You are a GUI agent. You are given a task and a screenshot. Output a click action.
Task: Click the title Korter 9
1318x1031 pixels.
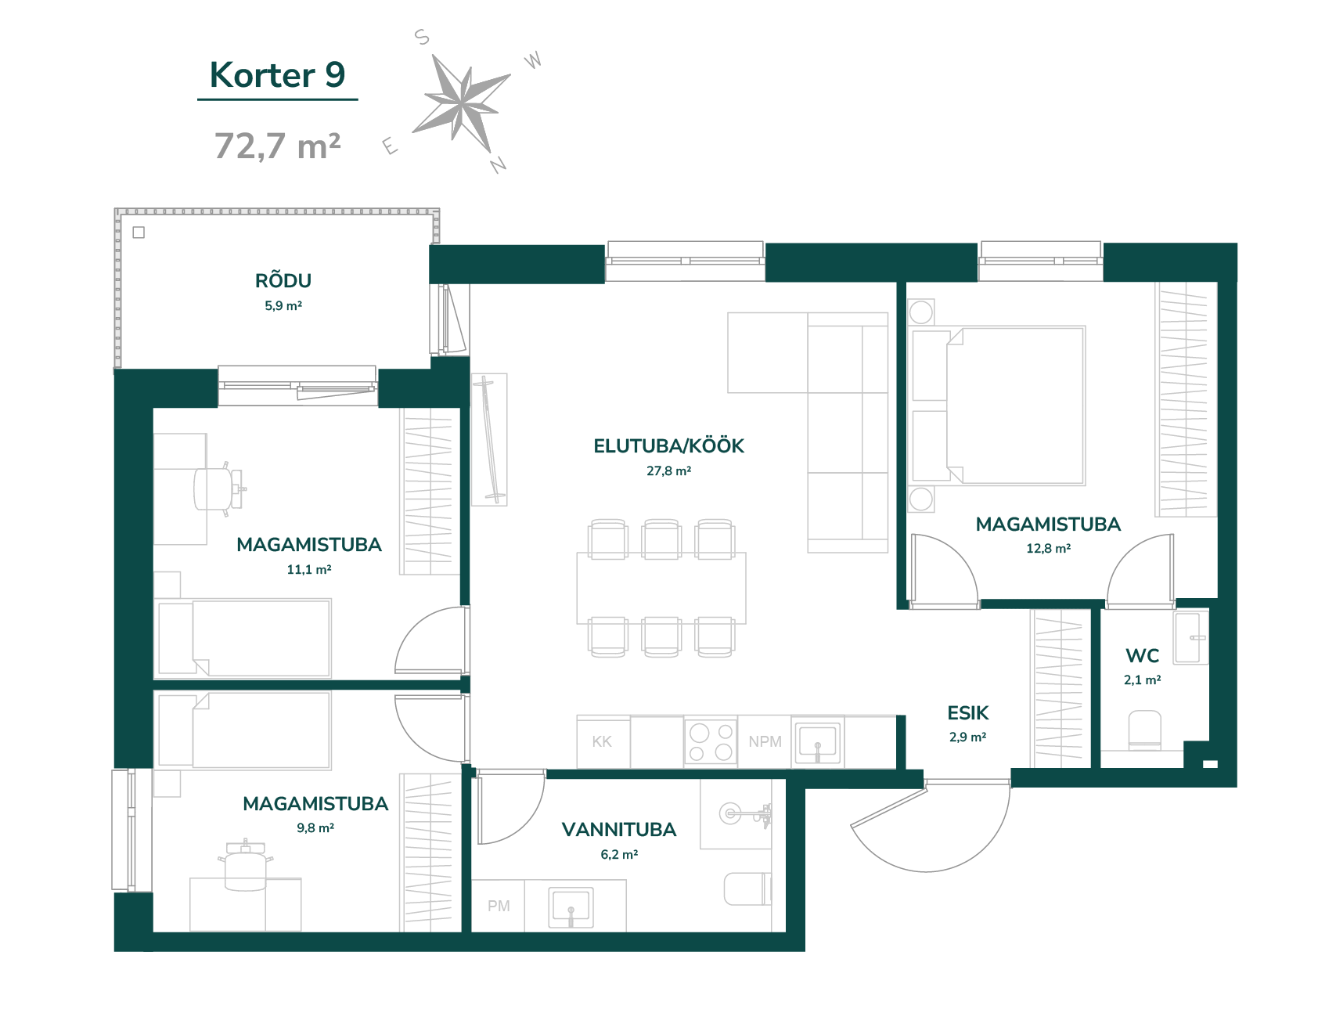[x=277, y=75]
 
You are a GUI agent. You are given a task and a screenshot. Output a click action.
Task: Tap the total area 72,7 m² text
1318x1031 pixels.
[x=277, y=146]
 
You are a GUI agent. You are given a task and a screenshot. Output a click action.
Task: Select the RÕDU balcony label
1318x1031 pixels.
[x=283, y=280]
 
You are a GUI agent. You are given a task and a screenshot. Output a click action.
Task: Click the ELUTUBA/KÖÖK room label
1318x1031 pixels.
[x=668, y=445]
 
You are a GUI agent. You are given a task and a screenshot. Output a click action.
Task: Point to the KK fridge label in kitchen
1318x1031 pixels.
[x=602, y=741]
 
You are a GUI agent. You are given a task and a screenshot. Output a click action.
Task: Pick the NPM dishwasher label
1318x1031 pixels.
[x=765, y=741]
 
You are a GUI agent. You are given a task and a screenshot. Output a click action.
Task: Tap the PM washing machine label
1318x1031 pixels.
[x=499, y=906]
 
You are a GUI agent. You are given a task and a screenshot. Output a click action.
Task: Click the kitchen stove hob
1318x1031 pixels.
[x=711, y=741]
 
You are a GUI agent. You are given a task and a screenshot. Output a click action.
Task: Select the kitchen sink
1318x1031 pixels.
[x=818, y=741]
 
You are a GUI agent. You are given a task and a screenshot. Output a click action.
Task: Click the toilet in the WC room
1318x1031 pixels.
[x=1144, y=730]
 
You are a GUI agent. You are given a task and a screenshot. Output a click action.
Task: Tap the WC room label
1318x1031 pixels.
[x=1143, y=655]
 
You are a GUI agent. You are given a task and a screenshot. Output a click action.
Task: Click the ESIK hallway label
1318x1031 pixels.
[x=968, y=713]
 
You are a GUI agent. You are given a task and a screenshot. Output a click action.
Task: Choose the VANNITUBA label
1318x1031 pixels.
[x=619, y=830]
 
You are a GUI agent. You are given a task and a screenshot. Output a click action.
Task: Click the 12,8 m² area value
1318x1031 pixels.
[x=1049, y=549]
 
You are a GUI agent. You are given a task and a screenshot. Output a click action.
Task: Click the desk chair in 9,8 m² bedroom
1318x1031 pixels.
[x=245, y=865]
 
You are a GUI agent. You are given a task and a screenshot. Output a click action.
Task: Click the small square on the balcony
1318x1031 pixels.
[x=139, y=233]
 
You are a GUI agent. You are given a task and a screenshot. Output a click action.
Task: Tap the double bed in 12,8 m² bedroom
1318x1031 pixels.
[x=999, y=406]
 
